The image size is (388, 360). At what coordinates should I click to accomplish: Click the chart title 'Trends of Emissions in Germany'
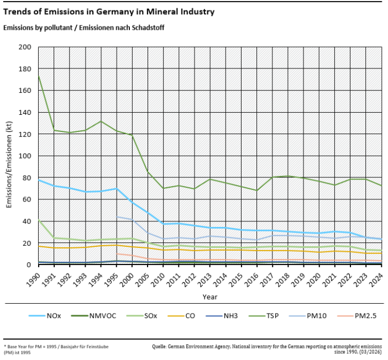coord(109,12)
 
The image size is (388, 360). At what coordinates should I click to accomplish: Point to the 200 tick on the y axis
coord(25,47)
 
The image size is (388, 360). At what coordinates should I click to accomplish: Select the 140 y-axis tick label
coord(25,113)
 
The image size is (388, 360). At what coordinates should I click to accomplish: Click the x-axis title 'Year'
coord(209,297)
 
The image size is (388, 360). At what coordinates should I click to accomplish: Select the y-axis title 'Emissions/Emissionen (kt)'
coord(9,156)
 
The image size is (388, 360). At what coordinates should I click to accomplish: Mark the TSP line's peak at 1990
coord(38,76)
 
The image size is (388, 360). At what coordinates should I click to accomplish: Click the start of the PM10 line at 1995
coord(117,217)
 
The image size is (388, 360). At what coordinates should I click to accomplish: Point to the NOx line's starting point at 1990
coord(38,180)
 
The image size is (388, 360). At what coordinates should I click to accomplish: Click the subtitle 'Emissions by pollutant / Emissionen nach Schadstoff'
coord(83,27)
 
